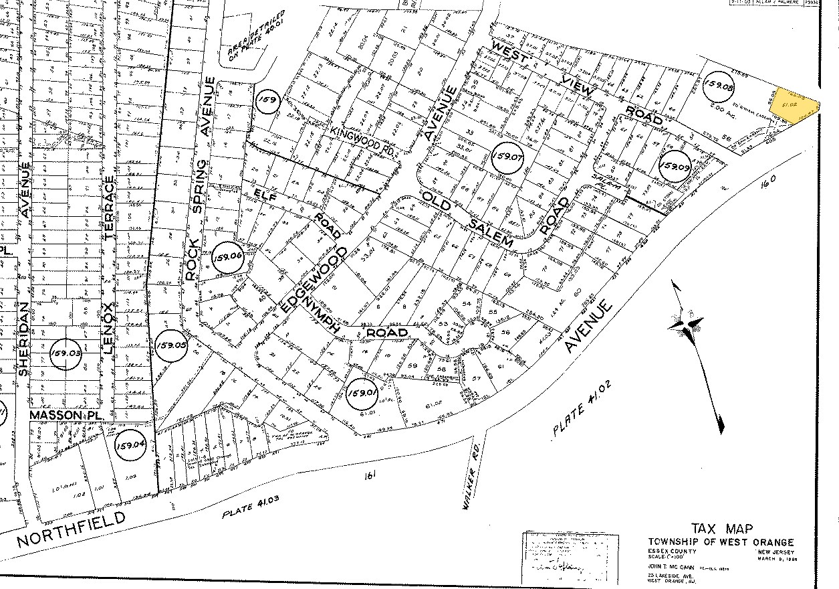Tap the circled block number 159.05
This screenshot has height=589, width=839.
169,346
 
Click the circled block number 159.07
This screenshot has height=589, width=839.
507,158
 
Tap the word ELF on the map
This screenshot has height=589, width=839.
265,195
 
